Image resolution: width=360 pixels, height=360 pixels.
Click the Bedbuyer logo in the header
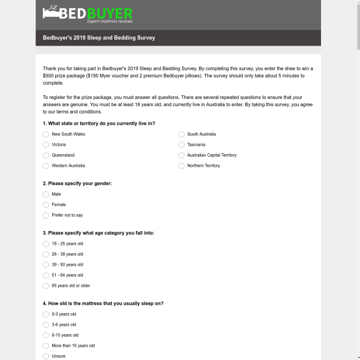point(88,15)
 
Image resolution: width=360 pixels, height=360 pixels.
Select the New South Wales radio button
point(46,134)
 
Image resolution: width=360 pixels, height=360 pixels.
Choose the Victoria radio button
point(46,145)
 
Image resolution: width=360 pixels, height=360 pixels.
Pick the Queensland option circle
point(46,155)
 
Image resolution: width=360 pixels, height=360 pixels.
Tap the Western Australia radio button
point(46,166)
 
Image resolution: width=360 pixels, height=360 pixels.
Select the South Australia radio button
point(181,134)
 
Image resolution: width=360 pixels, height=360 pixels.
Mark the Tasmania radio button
point(181,145)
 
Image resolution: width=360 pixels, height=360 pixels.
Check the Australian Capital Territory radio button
point(181,155)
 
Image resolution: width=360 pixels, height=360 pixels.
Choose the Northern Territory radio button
point(181,166)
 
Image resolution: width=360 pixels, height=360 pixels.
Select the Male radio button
point(46,194)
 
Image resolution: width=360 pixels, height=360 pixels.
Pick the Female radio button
point(46,205)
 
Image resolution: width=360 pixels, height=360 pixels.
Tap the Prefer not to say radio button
point(46,215)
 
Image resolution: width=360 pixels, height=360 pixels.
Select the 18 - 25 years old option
point(46,244)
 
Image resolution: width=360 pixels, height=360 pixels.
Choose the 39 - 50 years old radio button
point(46,265)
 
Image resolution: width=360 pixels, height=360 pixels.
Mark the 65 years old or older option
point(46,286)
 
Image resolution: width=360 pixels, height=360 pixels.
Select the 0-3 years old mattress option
point(46,314)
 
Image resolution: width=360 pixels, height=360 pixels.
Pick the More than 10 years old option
point(46,346)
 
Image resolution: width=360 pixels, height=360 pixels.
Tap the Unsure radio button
point(46,356)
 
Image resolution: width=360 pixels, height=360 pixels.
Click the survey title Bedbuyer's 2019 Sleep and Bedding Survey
point(99,38)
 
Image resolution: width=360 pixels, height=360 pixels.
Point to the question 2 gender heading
point(77,184)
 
